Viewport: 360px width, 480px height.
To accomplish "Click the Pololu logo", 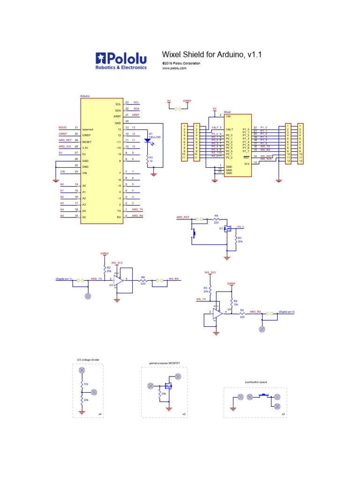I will (x=121, y=60).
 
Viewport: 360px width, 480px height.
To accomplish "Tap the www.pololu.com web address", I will (x=174, y=68).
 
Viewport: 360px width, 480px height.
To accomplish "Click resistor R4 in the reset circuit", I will (x=216, y=219).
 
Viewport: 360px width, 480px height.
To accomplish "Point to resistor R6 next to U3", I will (x=142, y=280).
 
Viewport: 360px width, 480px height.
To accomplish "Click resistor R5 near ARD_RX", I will (x=242, y=313).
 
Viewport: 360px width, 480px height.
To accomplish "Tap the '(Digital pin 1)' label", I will (x=64, y=279).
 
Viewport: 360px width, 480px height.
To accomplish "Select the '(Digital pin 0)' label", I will (x=287, y=311).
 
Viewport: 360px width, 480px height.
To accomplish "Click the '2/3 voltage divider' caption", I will (x=88, y=360).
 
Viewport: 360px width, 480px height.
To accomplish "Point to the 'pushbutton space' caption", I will (x=256, y=382).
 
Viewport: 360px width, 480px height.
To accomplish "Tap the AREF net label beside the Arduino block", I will (x=135, y=115).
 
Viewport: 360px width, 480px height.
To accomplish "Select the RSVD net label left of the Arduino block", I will (x=62, y=127).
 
